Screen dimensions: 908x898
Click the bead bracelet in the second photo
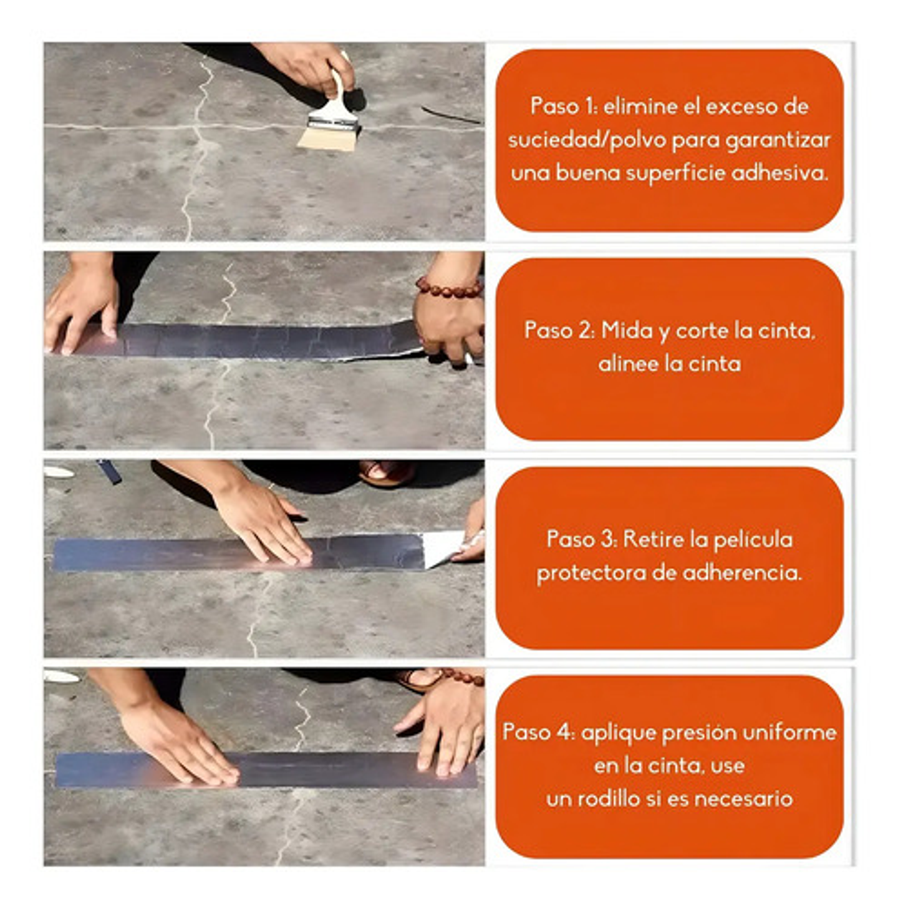[x=448, y=288]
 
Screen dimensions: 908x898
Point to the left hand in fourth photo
[x=175, y=743]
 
